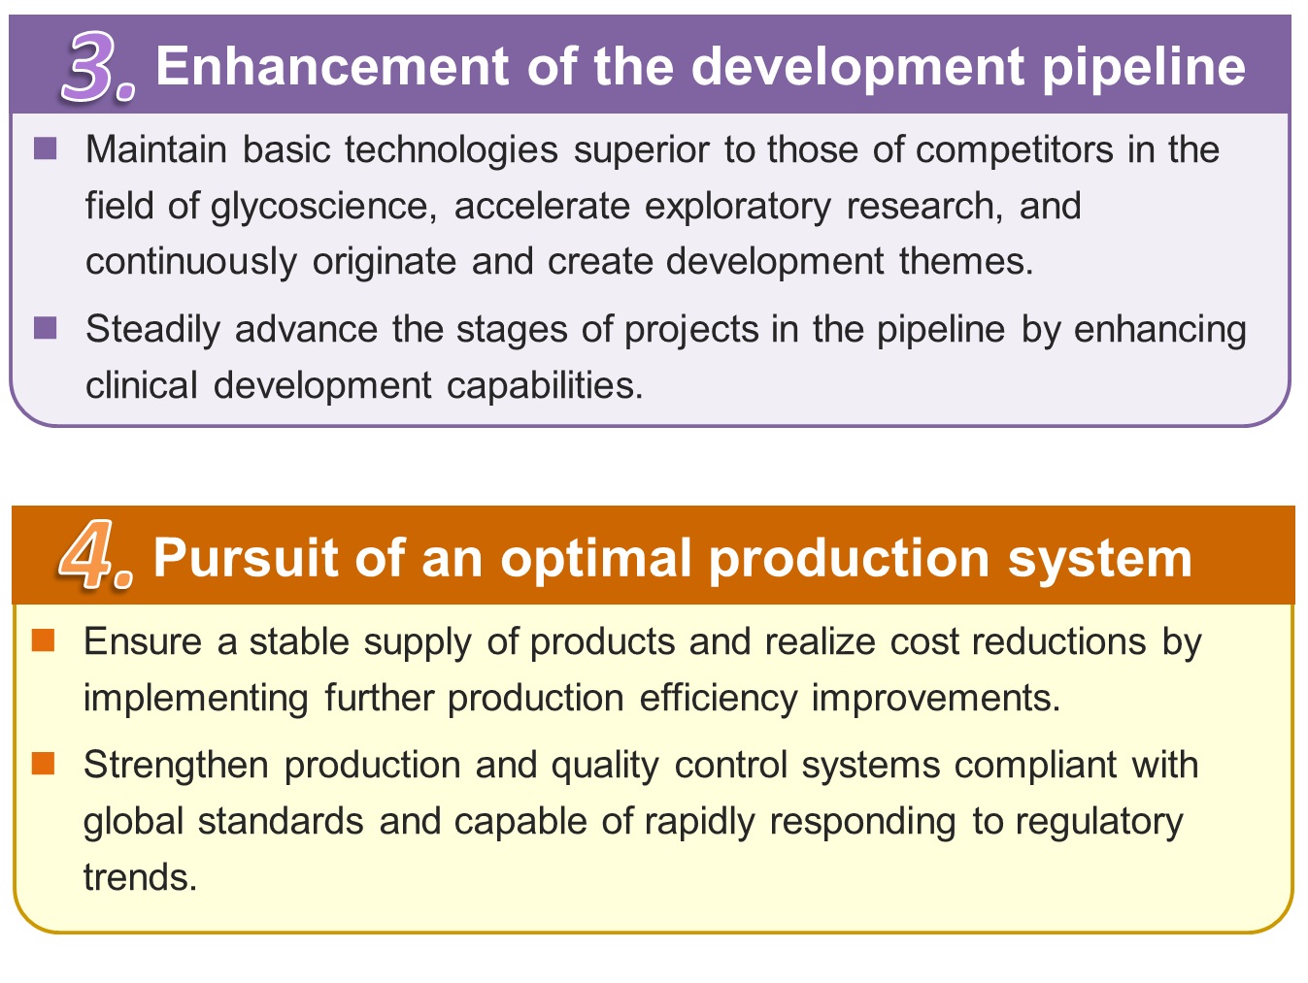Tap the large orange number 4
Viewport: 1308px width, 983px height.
point(87,554)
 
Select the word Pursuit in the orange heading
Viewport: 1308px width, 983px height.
point(246,558)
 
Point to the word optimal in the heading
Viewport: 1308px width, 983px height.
point(595,560)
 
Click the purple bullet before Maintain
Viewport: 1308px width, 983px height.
point(46,148)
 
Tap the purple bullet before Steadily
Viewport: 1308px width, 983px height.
point(46,328)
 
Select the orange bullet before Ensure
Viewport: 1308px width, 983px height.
point(43,640)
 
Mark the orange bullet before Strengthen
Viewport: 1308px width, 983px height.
point(43,764)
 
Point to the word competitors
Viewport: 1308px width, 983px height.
point(1014,149)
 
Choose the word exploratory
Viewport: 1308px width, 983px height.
point(738,208)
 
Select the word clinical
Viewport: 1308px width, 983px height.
point(141,385)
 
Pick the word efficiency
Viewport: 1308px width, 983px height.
point(718,699)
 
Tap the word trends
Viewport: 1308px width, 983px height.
point(140,877)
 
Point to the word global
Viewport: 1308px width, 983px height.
point(133,822)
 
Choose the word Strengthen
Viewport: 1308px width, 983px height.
point(176,765)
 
